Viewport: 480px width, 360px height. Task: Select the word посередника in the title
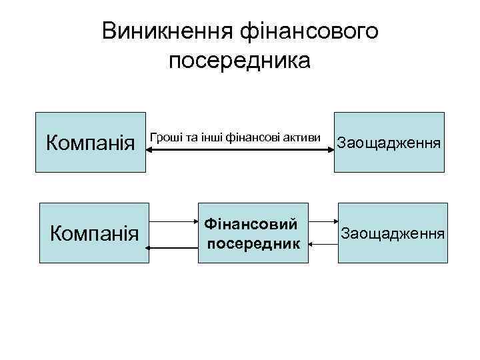[240, 61]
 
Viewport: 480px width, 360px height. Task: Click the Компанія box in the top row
[90, 143]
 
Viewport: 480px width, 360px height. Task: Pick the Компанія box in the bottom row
[94, 233]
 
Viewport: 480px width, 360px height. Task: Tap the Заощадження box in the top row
[389, 143]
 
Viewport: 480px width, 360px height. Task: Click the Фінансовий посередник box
[253, 233]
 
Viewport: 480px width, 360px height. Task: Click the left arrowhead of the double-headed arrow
[149, 151]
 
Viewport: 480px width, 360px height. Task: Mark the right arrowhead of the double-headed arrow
[329, 151]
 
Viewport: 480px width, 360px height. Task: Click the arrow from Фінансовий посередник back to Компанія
[173, 247]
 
